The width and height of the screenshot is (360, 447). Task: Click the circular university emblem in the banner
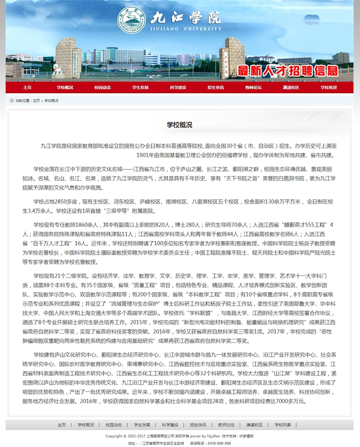[x=131, y=19]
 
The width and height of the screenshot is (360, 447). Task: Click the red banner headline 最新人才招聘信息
[x=287, y=71]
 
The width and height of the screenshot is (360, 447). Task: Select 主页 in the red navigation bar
[x=27, y=88]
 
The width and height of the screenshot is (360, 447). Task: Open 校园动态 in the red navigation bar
[x=103, y=88]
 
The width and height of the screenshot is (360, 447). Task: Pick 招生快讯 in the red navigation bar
[x=216, y=88]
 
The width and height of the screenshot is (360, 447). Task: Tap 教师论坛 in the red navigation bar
[x=253, y=88]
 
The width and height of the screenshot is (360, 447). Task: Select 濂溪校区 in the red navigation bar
[x=291, y=88]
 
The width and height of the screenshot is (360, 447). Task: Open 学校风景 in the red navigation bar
[x=328, y=88]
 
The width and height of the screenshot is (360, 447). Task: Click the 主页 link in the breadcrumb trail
[x=36, y=101]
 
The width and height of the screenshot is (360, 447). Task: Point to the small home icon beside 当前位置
[x=12, y=101]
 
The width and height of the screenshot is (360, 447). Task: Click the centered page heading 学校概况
[x=180, y=125]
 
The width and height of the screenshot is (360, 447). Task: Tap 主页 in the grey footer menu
[x=62, y=425]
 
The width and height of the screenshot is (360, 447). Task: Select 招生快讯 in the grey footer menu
[x=198, y=425]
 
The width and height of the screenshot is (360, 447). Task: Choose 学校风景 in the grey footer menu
[x=283, y=425]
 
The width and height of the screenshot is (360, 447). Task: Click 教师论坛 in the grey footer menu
[x=226, y=425]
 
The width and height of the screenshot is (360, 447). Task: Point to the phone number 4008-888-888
[x=217, y=443]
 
